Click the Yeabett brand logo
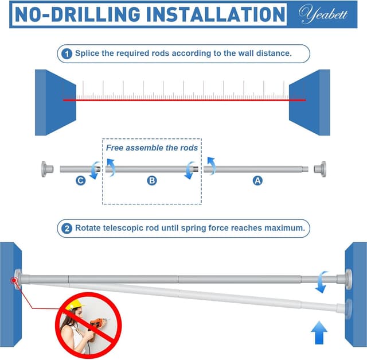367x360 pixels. coord(322,14)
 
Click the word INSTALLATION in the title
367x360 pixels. coord(216,14)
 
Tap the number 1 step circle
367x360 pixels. coord(67,54)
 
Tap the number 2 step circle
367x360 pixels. coord(67,229)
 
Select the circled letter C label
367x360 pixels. coord(80,181)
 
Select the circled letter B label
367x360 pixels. coord(151,181)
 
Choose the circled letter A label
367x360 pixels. coord(257,181)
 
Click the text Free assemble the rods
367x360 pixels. coord(151,148)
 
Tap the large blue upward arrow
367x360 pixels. coord(319,333)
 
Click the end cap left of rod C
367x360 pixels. coord(47,169)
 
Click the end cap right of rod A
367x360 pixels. coord(320,169)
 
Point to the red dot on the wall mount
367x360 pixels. coord(14,280)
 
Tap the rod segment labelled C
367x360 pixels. coord(80,169)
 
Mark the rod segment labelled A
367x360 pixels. coord(256,169)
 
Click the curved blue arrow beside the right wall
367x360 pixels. coord(321,282)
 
